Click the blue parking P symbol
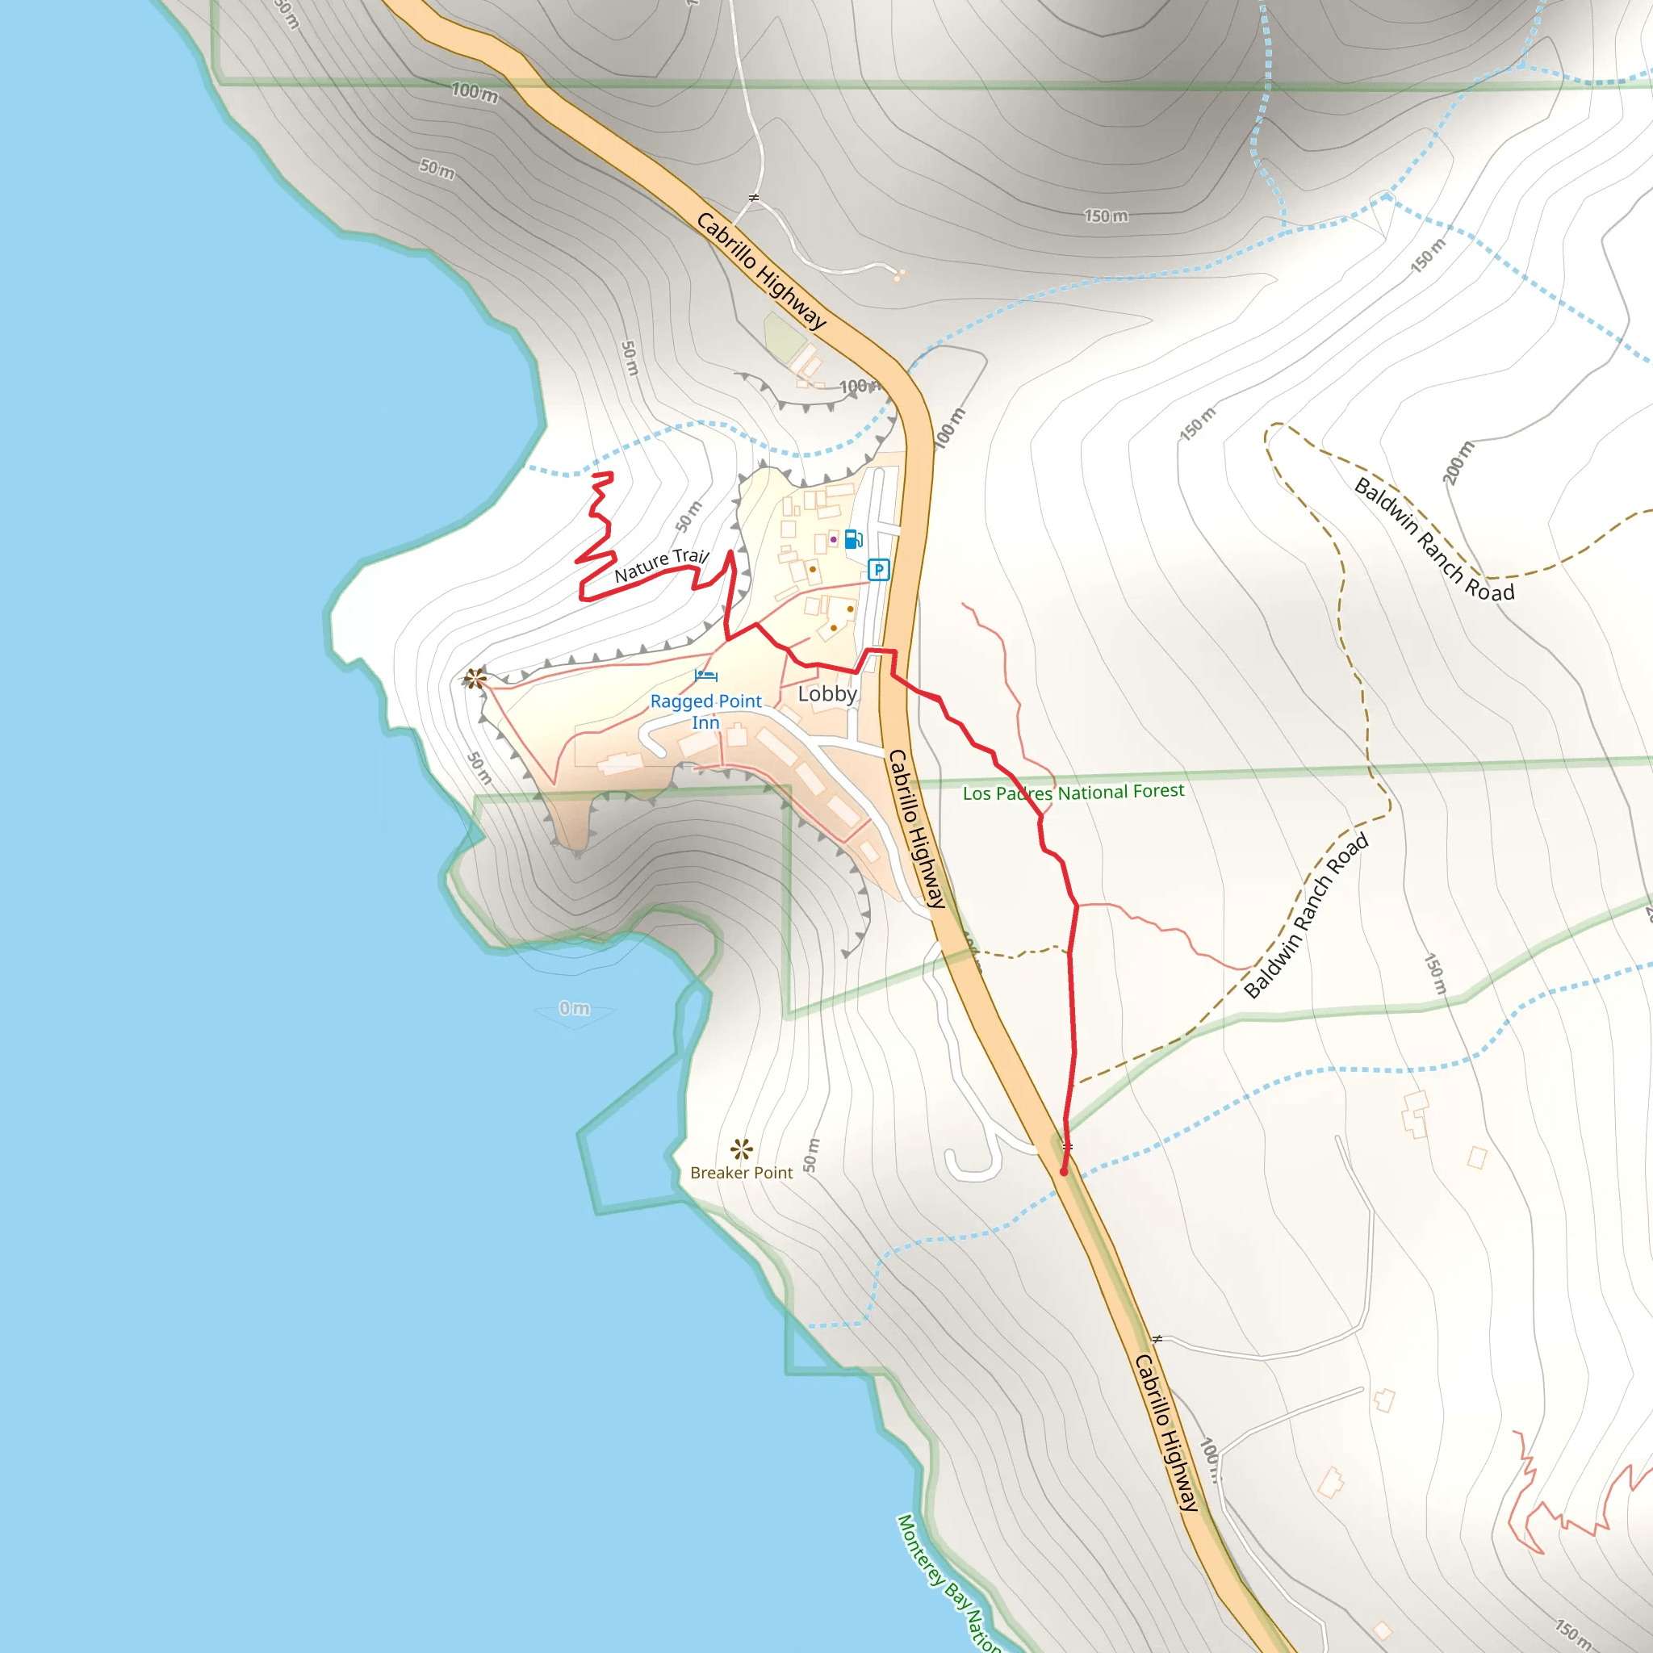point(878,570)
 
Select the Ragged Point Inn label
point(706,712)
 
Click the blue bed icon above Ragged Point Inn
point(706,676)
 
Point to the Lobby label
point(827,694)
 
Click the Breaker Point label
point(741,1173)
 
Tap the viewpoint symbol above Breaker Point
point(741,1149)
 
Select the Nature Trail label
point(661,566)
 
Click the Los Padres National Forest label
point(1073,793)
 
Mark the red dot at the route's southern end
point(1064,1171)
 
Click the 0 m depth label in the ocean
point(574,1009)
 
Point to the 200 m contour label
point(1459,462)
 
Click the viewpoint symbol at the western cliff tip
point(475,680)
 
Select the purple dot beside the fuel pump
point(833,539)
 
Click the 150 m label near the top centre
point(1107,216)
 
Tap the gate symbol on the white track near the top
point(754,198)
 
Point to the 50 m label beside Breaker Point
point(811,1156)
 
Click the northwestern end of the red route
point(611,473)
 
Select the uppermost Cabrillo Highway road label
point(761,270)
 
